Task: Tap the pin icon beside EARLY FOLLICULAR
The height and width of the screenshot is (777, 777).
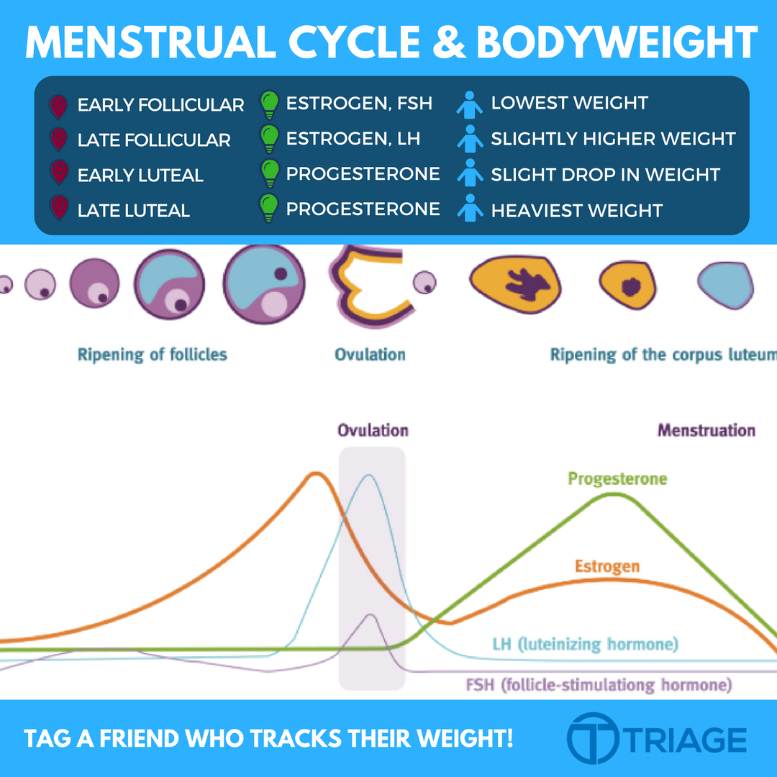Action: [x=58, y=106]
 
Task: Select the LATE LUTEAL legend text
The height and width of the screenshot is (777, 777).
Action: [x=133, y=211]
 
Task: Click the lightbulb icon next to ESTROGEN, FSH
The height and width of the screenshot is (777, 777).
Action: [x=269, y=104]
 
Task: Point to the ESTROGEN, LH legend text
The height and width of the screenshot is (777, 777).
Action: [x=353, y=138]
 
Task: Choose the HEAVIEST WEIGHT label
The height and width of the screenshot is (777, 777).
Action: [x=576, y=211]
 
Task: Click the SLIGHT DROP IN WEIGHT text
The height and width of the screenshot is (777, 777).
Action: [x=605, y=175]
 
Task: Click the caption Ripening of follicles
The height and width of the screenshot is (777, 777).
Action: [x=153, y=355]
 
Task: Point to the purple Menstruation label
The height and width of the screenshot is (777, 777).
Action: [x=706, y=431]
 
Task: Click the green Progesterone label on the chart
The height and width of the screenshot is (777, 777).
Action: [x=617, y=478]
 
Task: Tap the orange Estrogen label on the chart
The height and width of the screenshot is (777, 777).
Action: [x=607, y=566]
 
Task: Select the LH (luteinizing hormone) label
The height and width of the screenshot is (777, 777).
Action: [x=585, y=644]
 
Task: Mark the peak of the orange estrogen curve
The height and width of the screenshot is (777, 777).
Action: [x=314, y=474]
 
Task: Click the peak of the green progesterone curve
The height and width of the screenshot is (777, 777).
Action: [x=612, y=496]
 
